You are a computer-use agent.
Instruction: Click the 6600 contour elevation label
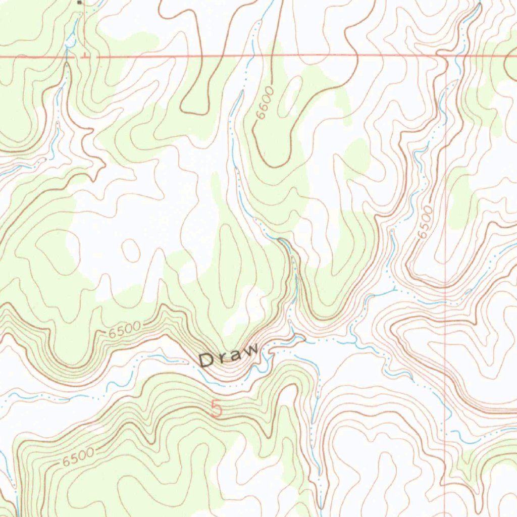(265, 103)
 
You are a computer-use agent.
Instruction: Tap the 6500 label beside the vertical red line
(426, 222)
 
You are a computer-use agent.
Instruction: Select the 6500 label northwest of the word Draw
(124, 330)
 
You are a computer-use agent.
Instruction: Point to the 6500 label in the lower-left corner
(79, 457)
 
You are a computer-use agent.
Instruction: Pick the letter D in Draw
(206, 360)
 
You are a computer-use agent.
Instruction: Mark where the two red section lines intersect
(446, 56)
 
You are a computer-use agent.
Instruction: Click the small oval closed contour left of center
(131, 250)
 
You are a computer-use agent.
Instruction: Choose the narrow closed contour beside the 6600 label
(292, 96)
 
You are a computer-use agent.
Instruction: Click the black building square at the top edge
(79, 2)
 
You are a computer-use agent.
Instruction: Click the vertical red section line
(446, 303)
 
